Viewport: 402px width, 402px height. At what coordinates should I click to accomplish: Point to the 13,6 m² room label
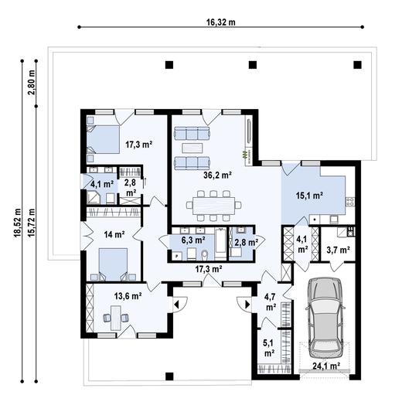pos(128,295)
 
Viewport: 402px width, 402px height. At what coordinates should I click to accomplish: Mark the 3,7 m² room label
pos(338,250)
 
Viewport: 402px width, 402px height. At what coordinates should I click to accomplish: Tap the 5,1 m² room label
pos(269,348)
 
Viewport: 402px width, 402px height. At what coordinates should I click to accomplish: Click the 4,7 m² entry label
pos(271,301)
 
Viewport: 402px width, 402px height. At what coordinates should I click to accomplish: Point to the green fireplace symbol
pos(246,155)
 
